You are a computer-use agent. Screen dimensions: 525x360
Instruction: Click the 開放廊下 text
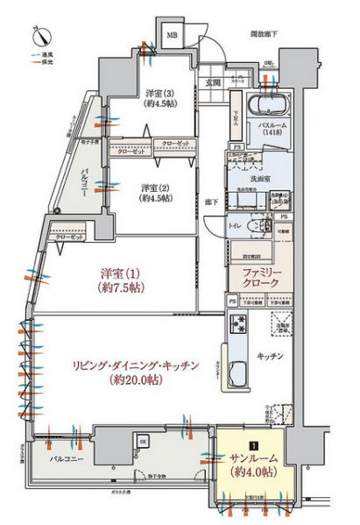tap(263, 33)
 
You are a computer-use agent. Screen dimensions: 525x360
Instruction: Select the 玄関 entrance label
tap(213, 82)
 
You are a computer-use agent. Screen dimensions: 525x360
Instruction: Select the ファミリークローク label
tap(255, 277)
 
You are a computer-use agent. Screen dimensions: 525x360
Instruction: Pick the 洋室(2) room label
tap(155, 192)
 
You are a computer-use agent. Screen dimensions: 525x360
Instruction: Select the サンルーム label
tap(251, 465)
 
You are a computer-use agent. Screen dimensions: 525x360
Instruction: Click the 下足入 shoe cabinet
tap(236, 116)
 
